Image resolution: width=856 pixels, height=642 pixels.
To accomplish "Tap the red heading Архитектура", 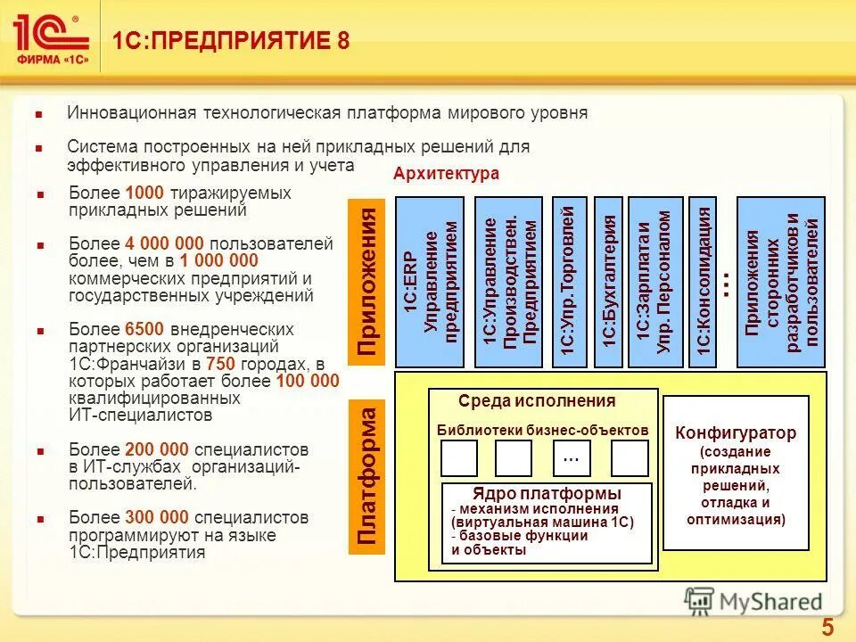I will (446, 174).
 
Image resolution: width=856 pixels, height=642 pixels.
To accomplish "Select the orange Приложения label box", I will (367, 281).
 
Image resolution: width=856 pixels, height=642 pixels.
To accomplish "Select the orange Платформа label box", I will (367, 473).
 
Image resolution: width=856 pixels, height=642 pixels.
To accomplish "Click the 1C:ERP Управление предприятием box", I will (430, 281).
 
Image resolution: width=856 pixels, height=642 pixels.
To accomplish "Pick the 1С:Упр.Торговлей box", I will (569, 281).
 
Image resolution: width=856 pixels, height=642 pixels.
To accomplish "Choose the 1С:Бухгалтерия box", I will (608, 281).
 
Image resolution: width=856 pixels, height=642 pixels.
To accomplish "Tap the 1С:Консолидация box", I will (704, 281).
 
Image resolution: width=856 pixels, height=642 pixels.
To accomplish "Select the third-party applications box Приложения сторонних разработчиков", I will (782, 281).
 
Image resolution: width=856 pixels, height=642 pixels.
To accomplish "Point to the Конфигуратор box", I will (736, 473).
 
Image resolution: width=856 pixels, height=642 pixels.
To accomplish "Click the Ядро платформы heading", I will (547, 494).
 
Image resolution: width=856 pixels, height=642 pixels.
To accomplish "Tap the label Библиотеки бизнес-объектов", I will (543, 430).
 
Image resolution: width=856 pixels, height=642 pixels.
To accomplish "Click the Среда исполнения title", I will (537, 401).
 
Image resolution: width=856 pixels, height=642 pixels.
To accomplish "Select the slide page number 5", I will (827, 627).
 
